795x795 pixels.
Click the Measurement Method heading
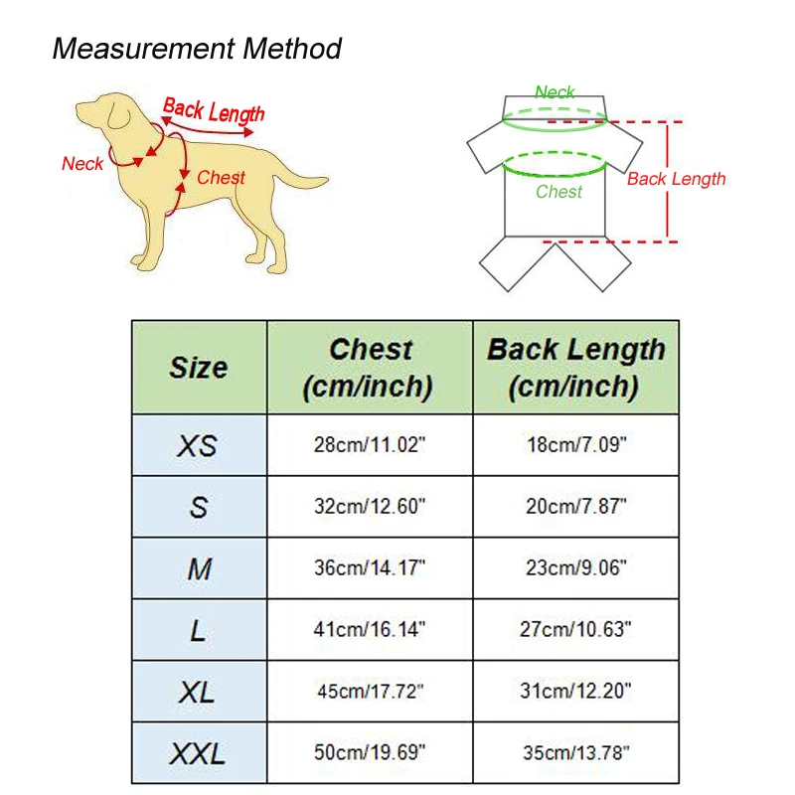[197, 49]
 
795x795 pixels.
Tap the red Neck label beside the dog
[82, 164]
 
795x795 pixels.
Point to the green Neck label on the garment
[555, 92]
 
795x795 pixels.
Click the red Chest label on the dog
[221, 178]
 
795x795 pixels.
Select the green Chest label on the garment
[558, 192]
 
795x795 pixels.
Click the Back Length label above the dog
[214, 110]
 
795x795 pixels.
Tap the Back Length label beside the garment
[677, 179]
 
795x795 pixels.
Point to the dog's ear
[118, 113]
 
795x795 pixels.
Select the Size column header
[199, 368]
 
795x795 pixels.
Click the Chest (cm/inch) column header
[369, 368]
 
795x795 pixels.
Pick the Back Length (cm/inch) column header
[575, 368]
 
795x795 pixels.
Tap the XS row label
[198, 446]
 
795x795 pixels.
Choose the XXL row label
[198, 754]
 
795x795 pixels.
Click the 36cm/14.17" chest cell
[370, 567]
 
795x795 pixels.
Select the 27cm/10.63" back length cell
[575, 629]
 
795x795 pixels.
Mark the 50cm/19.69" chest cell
[370, 752]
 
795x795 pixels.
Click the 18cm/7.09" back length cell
[576, 444]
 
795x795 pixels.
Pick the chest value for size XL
[370, 691]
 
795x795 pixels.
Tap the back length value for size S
[576, 506]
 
